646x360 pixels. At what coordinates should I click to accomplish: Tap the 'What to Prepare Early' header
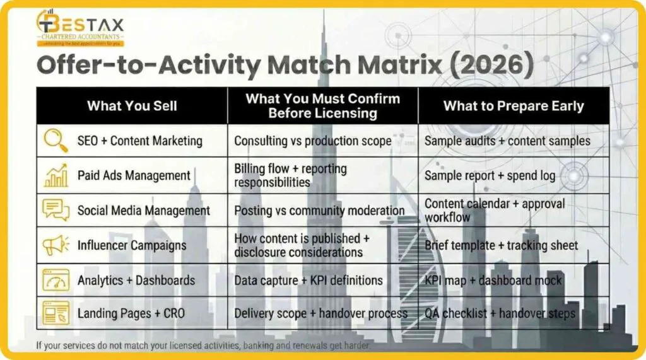[514, 105]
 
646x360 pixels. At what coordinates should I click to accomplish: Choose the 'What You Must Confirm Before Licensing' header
[322, 105]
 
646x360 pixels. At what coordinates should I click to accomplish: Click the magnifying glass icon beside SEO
[56, 141]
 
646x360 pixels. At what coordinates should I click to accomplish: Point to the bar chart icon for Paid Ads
[56, 175]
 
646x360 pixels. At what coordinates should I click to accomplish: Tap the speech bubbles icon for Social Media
[56, 210]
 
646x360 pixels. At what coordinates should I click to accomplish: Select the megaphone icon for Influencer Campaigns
[56, 245]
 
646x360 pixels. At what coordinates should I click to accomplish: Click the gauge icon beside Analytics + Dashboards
[56, 279]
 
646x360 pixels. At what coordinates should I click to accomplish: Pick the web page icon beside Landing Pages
[56, 313]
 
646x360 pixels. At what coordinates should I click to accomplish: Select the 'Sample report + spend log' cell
[490, 175]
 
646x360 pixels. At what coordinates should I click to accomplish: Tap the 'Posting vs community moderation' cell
[319, 210]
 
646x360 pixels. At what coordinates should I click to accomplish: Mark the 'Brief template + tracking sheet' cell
[501, 245]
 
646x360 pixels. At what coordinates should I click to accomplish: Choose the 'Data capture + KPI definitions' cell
[308, 280]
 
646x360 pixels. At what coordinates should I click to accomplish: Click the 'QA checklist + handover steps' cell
[500, 313]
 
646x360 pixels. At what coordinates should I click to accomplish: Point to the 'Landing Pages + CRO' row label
[131, 313]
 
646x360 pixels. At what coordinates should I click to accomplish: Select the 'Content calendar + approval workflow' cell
[495, 210]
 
